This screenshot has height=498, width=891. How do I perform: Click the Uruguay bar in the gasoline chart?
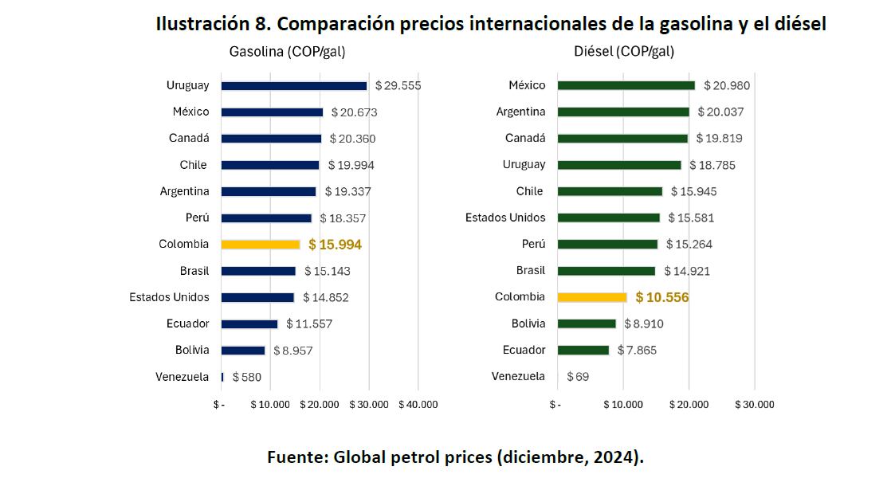click(293, 86)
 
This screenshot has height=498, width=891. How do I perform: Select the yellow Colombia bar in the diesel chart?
click(592, 297)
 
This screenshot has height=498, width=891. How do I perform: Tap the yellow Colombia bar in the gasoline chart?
click(260, 245)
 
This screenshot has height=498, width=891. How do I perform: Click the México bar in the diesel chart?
click(626, 86)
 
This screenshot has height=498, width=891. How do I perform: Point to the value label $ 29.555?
click(398, 86)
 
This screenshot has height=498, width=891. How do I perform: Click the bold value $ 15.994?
click(335, 245)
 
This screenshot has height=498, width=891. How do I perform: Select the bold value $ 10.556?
click(661, 297)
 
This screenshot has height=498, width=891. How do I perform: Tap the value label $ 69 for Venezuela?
click(578, 376)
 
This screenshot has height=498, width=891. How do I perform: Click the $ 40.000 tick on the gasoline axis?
click(418, 405)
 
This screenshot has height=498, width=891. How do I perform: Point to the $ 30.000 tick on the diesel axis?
click(754, 405)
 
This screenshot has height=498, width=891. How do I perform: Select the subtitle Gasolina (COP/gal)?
click(287, 52)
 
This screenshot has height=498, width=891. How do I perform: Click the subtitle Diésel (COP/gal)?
click(624, 52)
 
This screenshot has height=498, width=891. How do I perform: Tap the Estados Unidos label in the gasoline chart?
click(169, 297)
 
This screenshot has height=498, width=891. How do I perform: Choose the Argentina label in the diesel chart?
click(520, 112)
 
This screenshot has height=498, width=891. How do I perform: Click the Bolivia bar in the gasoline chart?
click(242, 351)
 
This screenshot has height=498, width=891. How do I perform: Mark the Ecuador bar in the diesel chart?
click(583, 350)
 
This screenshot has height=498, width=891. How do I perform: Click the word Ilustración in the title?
click(203, 24)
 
